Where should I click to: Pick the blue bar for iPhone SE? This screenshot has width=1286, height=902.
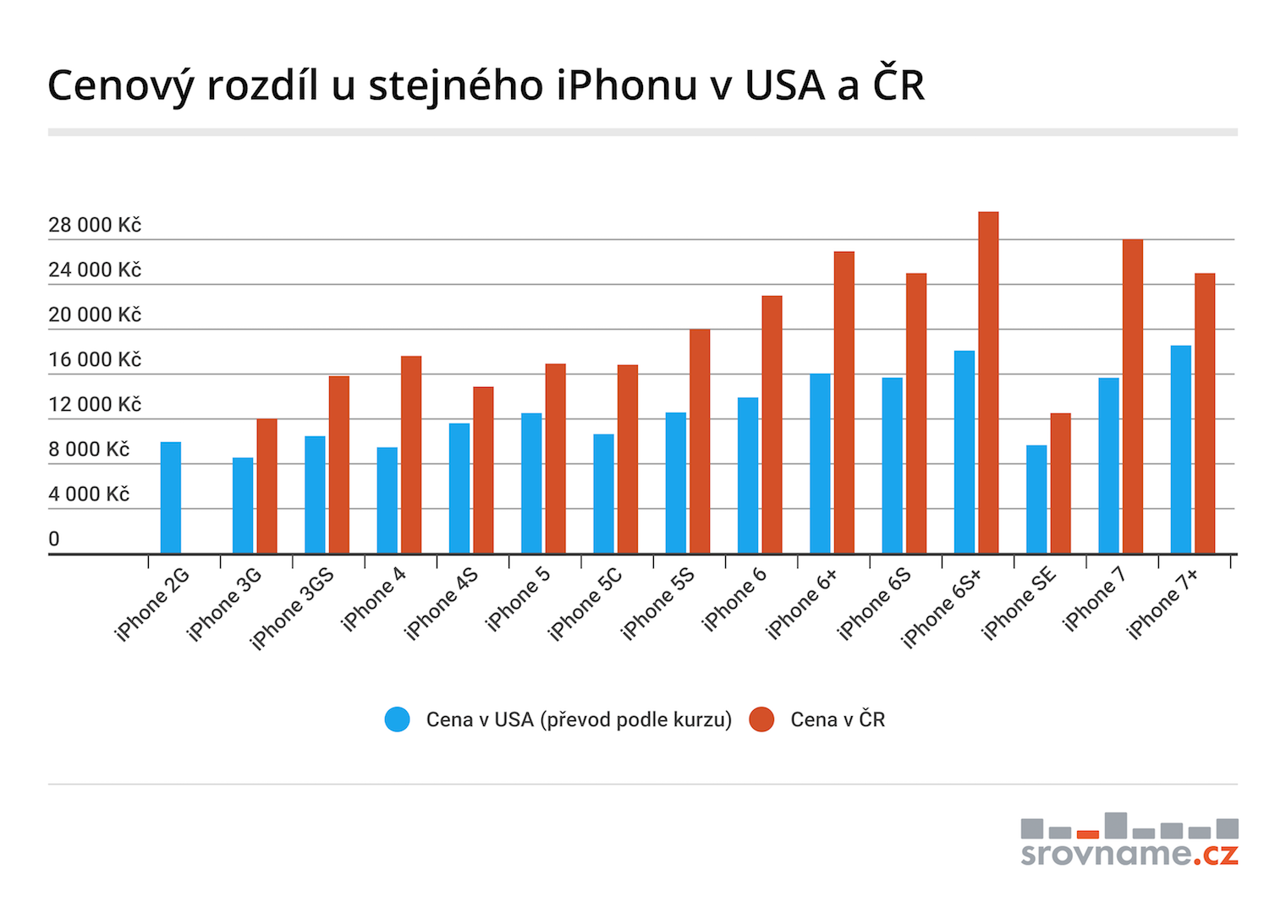point(1036,499)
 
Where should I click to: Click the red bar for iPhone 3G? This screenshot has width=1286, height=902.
point(267,486)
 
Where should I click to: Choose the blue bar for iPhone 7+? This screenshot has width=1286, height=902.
point(1180,449)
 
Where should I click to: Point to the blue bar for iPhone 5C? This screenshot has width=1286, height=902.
point(603,494)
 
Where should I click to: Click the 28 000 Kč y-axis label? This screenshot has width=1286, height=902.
point(94,225)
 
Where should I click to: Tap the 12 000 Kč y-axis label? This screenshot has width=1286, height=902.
point(94,404)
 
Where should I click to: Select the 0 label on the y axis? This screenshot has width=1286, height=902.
point(54,538)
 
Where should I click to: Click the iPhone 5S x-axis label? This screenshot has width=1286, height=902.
point(657,603)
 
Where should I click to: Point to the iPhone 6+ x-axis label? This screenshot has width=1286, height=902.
point(801,603)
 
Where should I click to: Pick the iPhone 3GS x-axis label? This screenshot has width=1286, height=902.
point(292,608)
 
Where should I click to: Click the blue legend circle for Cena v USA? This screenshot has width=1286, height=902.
point(397,719)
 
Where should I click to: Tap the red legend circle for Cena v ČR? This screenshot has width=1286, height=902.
point(761,719)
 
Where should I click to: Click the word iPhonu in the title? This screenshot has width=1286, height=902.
point(627,85)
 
